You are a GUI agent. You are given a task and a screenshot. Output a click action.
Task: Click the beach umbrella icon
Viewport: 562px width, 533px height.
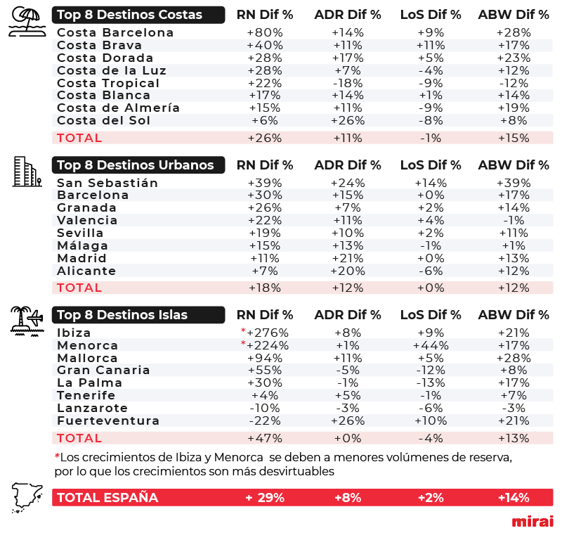[x=27, y=22]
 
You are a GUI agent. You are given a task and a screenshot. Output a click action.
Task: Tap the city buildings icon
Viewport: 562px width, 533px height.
[x=27, y=172]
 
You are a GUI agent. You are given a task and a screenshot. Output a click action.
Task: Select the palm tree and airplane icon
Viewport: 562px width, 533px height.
[x=27, y=321]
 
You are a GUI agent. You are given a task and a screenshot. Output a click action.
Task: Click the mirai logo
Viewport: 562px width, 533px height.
[x=532, y=521]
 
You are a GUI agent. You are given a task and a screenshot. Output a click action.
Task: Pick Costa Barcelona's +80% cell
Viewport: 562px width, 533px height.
[x=265, y=32]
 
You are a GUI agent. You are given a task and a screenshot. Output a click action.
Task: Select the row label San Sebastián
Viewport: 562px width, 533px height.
[x=107, y=183]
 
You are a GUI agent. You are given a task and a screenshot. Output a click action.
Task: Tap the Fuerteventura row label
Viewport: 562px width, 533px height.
[x=108, y=420]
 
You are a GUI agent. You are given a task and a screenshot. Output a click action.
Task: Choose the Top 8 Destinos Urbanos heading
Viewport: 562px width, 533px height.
[x=138, y=165]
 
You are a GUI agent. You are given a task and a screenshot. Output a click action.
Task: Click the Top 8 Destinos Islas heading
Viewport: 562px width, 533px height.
[x=138, y=314]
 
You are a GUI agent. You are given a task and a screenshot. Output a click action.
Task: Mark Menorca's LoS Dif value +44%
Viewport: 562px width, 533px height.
[x=431, y=345]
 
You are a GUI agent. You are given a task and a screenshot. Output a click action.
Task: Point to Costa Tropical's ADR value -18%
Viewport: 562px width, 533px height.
[x=348, y=83]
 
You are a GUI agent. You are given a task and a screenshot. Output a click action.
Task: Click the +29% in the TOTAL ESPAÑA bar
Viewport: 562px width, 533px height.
[x=265, y=498]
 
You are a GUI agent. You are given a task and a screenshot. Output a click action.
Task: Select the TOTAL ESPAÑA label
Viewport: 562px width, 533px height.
[x=107, y=498]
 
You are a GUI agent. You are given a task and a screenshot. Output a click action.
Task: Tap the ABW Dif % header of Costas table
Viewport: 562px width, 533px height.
[x=514, y=15]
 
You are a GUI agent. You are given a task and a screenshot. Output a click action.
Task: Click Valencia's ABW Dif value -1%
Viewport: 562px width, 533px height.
[x=514, y=220]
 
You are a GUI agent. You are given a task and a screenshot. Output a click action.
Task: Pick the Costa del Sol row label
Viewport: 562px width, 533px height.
[x=103, y=120]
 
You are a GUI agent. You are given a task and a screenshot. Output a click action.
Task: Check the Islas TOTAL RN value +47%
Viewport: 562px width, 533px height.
[x=265, y=438]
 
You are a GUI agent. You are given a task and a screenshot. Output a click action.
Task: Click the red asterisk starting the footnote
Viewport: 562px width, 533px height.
[x=57, y=456]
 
